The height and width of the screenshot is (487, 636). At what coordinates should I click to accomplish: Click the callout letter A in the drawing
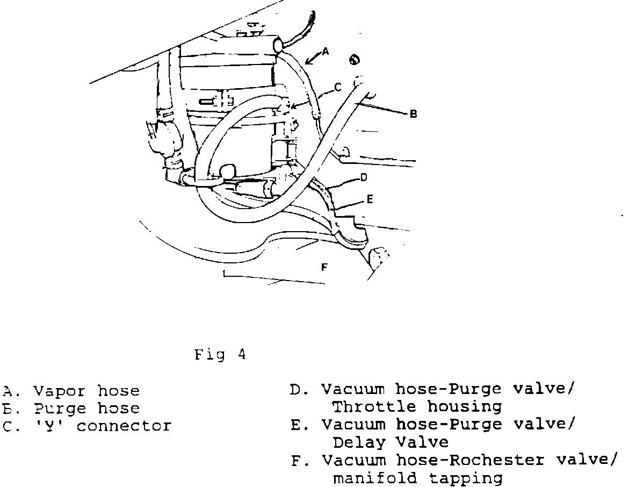click(324, 51)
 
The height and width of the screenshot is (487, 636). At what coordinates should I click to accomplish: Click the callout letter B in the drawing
click(413, 114)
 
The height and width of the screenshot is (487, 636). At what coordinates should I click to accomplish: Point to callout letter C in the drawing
click(338, 86)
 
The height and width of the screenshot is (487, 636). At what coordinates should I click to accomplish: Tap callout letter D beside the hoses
click(364, 177)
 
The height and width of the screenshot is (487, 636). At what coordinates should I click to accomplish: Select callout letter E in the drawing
click(370, 199)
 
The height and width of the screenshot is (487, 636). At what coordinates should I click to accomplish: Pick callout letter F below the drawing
click(324, 266)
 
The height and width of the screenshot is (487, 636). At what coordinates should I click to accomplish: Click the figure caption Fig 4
click(220, 355)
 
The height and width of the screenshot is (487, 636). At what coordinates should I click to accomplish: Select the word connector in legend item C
click(124, 426)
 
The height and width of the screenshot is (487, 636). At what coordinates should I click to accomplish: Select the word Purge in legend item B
click(59, 409)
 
